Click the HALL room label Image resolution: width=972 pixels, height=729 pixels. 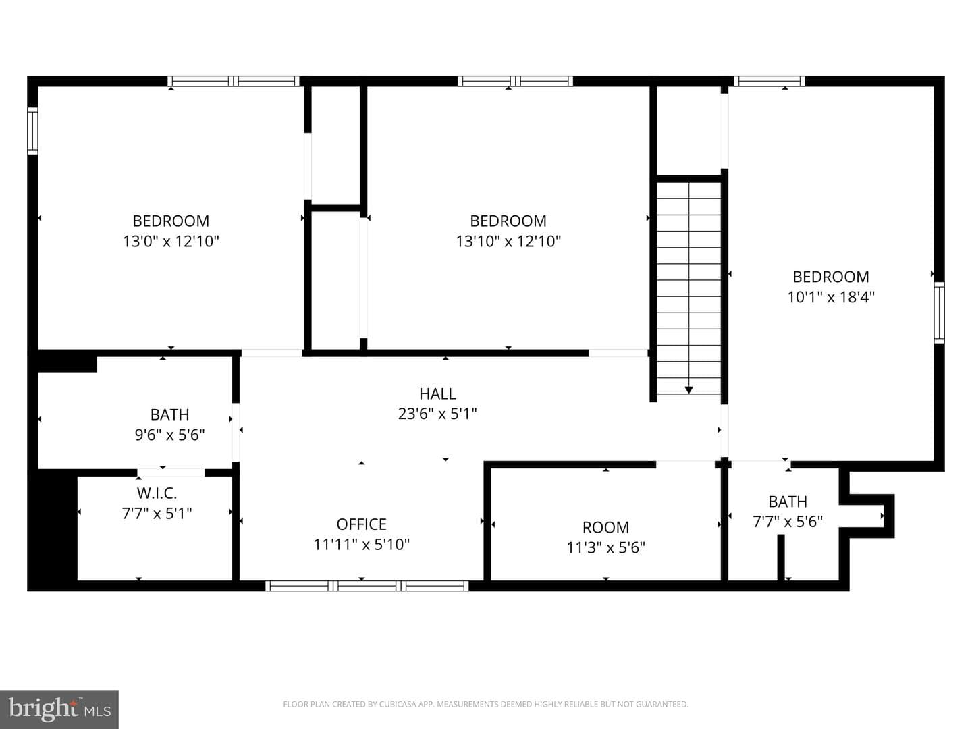(437, 394)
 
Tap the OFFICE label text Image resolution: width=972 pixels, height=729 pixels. (361, 524)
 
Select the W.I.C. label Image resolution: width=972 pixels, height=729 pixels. (157, 493)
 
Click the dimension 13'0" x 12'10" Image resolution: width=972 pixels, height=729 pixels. (171, 241)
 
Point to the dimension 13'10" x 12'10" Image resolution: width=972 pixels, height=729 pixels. (508, 241)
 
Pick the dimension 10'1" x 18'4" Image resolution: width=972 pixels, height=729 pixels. (831, 296)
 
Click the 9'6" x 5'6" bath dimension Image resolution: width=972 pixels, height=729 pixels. (169, 435)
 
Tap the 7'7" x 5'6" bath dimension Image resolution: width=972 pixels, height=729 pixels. (788, 521)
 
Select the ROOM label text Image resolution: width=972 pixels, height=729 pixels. (605, 527)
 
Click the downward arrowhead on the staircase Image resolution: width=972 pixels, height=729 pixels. (688, 390)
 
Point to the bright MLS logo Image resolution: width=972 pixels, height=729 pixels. (59, 709)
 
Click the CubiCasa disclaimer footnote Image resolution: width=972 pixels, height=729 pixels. (486, 704)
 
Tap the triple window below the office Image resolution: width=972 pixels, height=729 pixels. (367, 586)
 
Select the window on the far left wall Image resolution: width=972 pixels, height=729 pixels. (32, 131)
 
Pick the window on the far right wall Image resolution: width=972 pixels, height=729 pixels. (939, 313)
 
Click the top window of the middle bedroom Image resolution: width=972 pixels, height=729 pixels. (516, 81)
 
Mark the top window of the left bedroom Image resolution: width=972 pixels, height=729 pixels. (234, 81)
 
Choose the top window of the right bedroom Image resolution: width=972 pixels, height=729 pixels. (769, 81)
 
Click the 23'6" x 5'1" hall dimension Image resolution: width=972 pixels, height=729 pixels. (437, 414)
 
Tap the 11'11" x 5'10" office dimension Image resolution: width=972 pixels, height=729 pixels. (361, 545)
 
